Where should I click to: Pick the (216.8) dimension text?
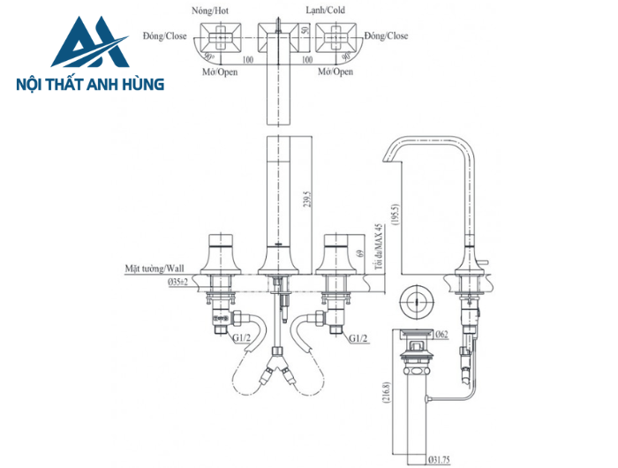387,391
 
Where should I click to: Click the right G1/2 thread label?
358,338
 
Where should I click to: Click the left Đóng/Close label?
163,37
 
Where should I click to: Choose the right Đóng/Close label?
386,37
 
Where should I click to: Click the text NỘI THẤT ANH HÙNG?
90,86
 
